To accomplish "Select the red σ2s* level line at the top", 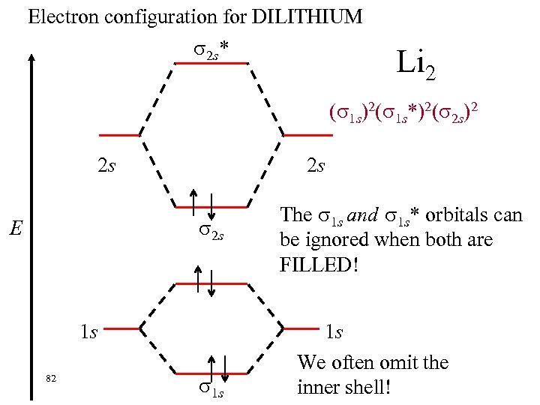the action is coord(211,63).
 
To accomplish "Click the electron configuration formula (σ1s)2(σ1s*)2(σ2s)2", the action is coord(403,113).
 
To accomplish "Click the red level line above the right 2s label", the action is coord(307,136).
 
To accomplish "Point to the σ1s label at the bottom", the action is coord(211,388).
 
